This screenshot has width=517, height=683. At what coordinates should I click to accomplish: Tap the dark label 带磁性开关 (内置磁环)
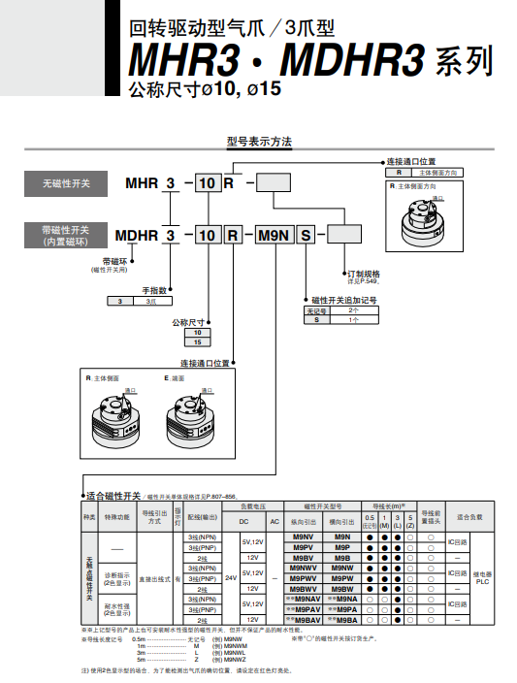[x=66, y=235]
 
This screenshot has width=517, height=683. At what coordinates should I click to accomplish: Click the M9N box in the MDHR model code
[x=271, y=235]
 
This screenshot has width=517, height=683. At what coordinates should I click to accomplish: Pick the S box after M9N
[x=306, y=235]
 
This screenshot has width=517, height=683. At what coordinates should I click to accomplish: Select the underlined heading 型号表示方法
[x=259, y=141]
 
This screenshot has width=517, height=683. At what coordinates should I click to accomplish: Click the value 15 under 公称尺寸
[x=198, y=342]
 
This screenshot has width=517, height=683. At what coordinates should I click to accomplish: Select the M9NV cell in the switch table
[x=302, y=537]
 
